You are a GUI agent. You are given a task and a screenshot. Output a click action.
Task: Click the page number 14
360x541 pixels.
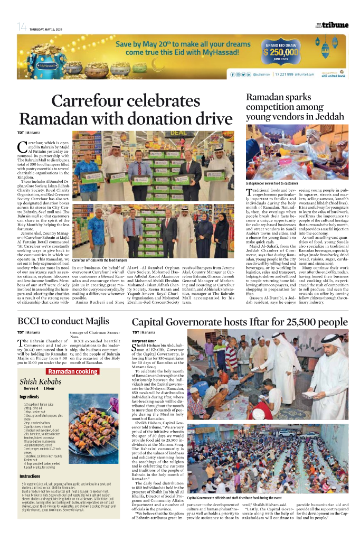(21, 27)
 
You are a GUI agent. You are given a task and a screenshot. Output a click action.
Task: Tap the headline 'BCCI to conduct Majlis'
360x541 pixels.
(63, 321)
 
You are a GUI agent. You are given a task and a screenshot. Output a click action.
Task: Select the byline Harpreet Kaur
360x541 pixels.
(144, 341)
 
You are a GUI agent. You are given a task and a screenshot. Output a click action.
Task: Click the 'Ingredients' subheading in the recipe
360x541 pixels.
(29, 396)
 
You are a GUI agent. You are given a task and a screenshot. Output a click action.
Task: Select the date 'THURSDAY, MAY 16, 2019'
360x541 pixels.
(46, 29)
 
